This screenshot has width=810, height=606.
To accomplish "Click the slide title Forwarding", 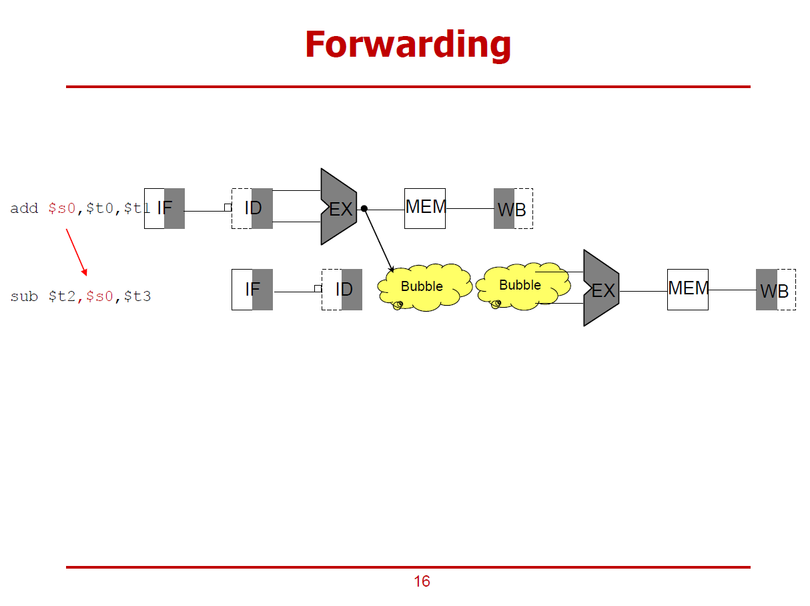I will coord(408,45).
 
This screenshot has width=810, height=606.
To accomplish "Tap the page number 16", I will coord(422,581).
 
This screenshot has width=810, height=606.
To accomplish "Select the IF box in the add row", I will coord(164,208).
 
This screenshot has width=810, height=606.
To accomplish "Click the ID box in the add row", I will coord(252,208).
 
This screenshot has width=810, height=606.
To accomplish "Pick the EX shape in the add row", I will coord(339,208).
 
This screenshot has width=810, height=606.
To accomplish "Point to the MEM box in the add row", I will coord(425,208).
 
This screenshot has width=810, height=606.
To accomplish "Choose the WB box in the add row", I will coord(512,209).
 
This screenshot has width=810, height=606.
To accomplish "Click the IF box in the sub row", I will coord(252,290).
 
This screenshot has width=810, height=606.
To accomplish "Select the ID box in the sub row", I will coord(342,290).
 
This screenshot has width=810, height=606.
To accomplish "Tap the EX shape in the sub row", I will coord(601,289).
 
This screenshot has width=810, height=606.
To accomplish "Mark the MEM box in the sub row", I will coord(687,290).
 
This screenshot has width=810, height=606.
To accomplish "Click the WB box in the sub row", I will coord(775,290).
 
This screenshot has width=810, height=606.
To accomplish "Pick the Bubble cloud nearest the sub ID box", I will coord(422,286).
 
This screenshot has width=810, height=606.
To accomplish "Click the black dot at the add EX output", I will coord(364,209).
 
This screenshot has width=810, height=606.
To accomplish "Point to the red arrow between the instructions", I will coord(76,252).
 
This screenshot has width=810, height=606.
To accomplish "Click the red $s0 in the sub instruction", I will coord(100,296).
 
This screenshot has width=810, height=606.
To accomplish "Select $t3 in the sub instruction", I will coord(137,296).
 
